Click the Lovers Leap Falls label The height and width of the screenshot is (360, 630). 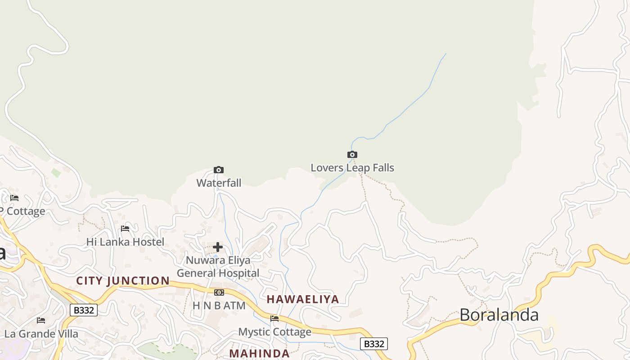point(352,168)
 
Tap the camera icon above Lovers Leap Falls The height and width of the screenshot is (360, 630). point(352,155)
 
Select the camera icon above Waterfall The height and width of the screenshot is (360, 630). point(219,170)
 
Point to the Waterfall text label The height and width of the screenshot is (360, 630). point(219,183)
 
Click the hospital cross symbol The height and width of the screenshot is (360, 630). point(218,247)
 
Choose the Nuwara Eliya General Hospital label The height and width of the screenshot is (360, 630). point(218,266)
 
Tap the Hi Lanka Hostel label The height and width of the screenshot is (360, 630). point(125,242)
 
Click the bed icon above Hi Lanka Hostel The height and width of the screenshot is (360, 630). point(125,229)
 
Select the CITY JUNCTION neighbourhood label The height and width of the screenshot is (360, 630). point(123,281)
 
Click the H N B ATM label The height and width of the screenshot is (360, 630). point(219,306)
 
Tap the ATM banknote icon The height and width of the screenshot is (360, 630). point(219,292)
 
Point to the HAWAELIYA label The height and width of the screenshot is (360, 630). point(303,299)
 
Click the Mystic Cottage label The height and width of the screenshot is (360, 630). point(274,332)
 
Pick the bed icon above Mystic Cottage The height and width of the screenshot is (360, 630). point(274,319)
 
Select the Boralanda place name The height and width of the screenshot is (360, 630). point(499,315)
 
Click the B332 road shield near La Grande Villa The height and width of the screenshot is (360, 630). point(84,310)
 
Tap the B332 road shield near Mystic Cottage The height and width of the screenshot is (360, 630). point(374,344)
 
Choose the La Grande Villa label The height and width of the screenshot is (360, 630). point(41,334)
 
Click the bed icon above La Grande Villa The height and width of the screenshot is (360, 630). point(41,320)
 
